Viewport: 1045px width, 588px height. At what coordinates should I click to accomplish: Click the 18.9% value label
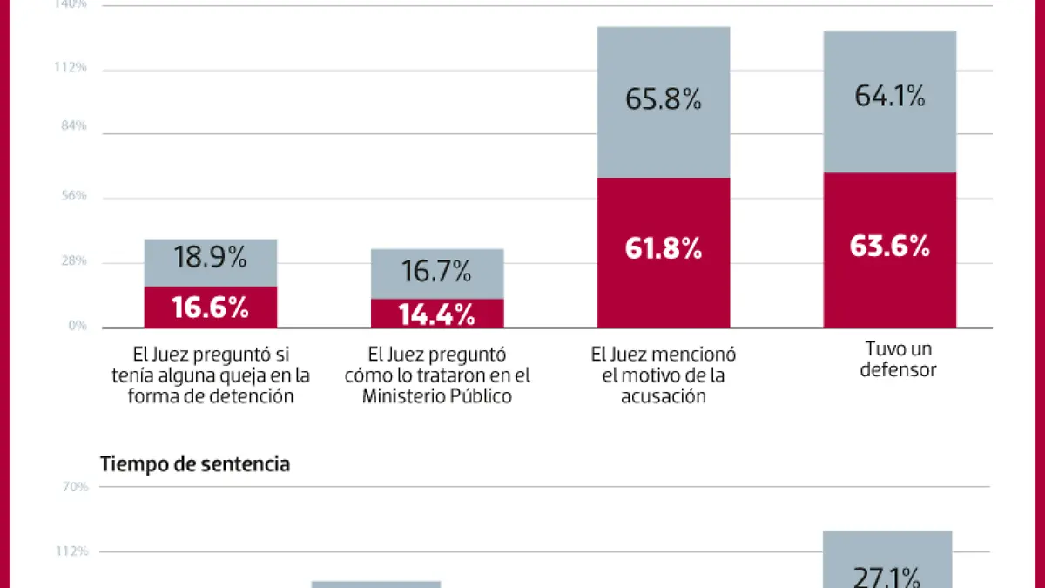coord(211,258)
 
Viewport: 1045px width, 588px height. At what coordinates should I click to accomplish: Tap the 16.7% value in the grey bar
coord(436,273)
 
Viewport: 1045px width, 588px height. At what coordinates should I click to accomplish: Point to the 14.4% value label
coord(436,314)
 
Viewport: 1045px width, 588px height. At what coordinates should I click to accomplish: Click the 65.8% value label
coord(664,99)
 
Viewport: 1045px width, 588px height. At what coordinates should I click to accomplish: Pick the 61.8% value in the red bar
coord(664,248)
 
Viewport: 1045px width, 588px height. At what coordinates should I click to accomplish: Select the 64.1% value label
coord(889,96)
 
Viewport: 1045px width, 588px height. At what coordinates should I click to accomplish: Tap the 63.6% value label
coord(889,247)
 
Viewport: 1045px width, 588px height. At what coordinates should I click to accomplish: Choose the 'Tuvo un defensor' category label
coord(899,359)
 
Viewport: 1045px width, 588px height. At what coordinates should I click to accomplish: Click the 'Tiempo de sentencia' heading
coord(195,464)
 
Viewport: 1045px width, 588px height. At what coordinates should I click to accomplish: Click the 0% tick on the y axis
coord(78,326)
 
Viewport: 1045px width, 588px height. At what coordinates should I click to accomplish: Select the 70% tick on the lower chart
coord(75,486)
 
